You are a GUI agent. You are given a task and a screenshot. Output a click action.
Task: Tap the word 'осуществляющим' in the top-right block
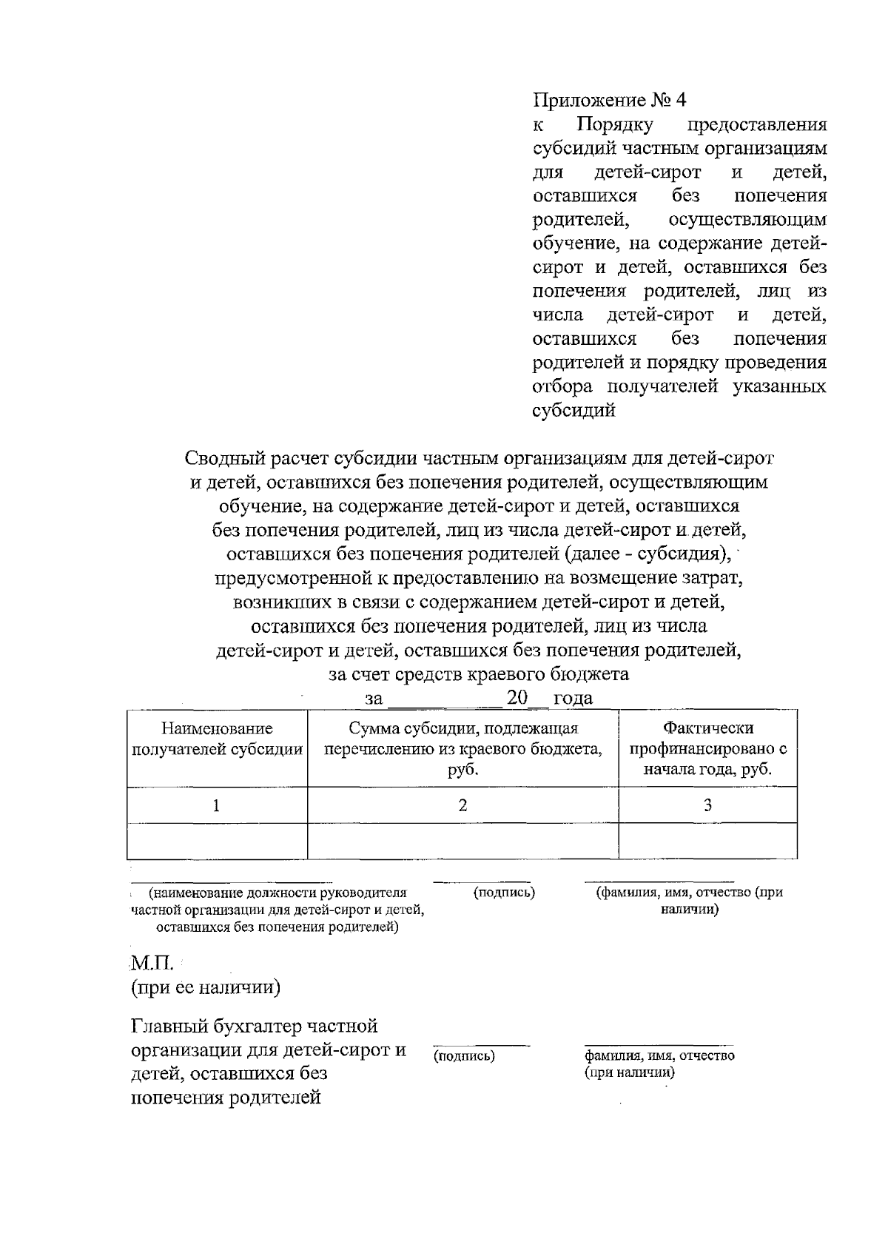[x=747, y=220]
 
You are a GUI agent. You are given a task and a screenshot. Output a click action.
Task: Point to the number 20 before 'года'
[x=517, y=697]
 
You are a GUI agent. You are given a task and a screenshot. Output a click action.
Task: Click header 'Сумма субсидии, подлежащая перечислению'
[x=462, y=748]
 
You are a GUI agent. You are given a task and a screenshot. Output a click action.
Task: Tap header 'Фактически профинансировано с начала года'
[x=707, y=748]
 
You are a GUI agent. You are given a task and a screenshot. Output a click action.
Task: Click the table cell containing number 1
[x=216, y=805]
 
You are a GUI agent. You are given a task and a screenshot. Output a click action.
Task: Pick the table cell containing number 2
[x=462, y=805]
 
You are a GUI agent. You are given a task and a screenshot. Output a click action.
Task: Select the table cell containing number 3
[x=707, y=805]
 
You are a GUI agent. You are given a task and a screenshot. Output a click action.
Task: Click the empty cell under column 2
[x=462, y=840]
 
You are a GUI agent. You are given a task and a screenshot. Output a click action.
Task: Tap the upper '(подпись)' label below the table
[x=504, y=893]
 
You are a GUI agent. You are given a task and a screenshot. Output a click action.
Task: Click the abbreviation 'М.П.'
[x=152, y=964]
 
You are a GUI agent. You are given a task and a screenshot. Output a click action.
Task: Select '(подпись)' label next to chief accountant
[x=465, y=1056]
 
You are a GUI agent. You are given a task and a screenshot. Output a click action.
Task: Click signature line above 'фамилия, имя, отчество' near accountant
[x=655, y=1044]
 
